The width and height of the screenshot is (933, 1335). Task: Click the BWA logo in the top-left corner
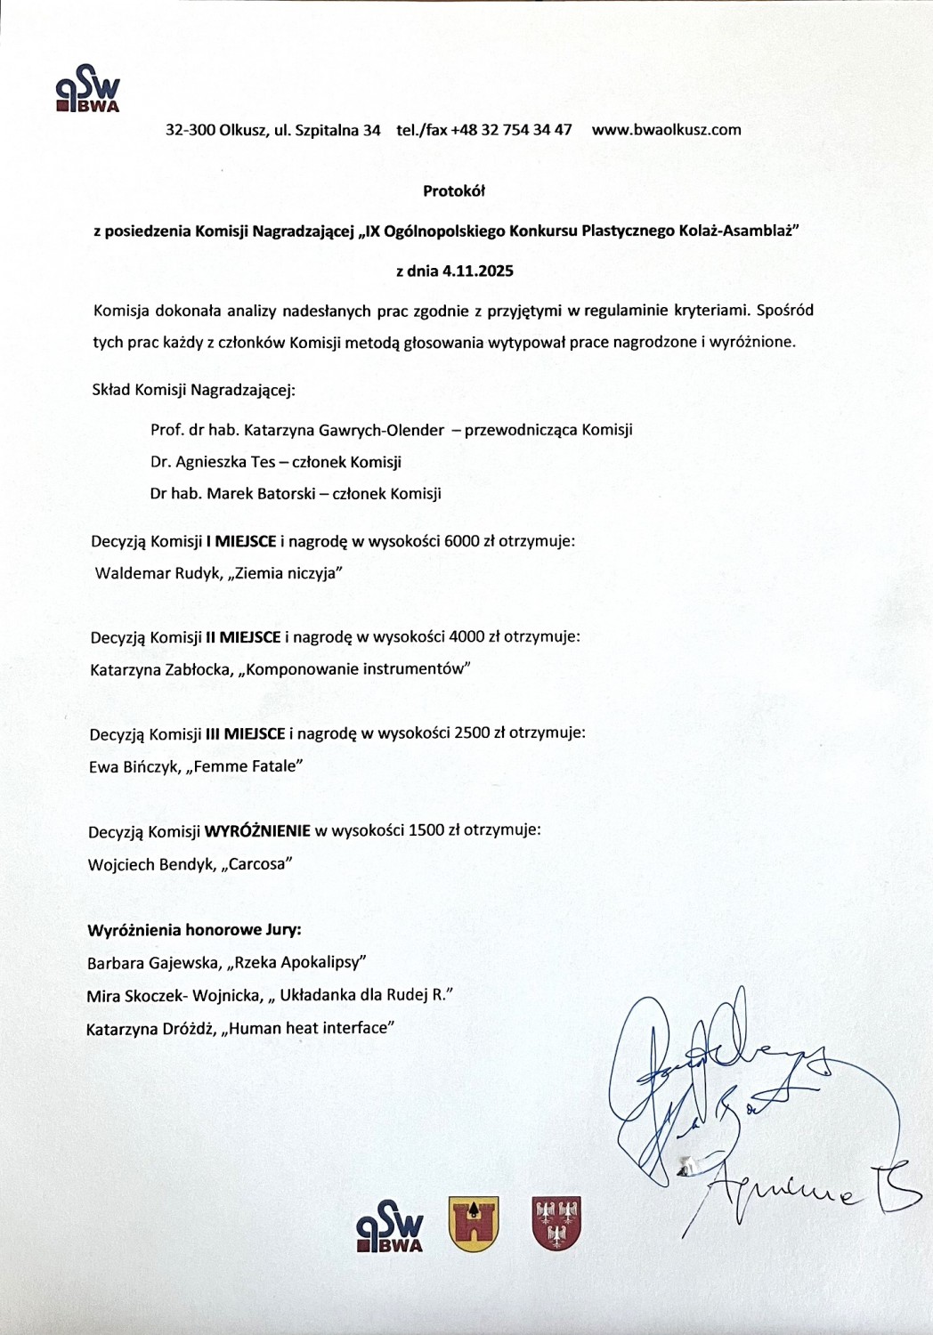[87, 89]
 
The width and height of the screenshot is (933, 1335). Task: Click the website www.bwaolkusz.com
[666, 130]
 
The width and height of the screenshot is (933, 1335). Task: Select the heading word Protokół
[454, 190]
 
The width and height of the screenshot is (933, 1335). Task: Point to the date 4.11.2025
[478, 271]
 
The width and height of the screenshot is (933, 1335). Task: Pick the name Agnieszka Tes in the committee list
[225, 462]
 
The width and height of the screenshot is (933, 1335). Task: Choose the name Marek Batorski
[261, 493]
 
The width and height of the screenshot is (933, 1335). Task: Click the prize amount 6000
[461, 540]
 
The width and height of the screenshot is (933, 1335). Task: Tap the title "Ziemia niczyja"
[286, 573]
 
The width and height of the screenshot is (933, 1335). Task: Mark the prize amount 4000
[467, 636]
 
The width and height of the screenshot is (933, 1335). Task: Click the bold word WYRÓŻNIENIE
[257, 830]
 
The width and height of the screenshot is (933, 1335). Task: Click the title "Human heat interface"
[311, 1028]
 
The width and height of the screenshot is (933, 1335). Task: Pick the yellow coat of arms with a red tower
[474, 1224]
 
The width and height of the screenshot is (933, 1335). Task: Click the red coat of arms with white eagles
[556, 1224]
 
